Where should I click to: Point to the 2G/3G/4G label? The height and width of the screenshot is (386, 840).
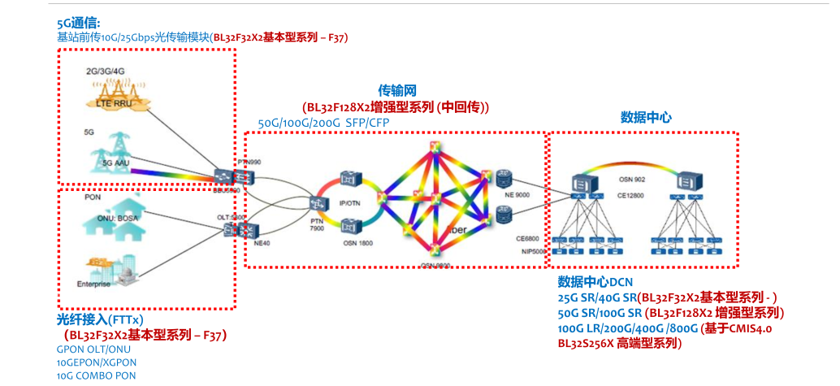click(105, 72)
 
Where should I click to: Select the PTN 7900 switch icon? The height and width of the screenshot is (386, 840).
click(316, 203)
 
